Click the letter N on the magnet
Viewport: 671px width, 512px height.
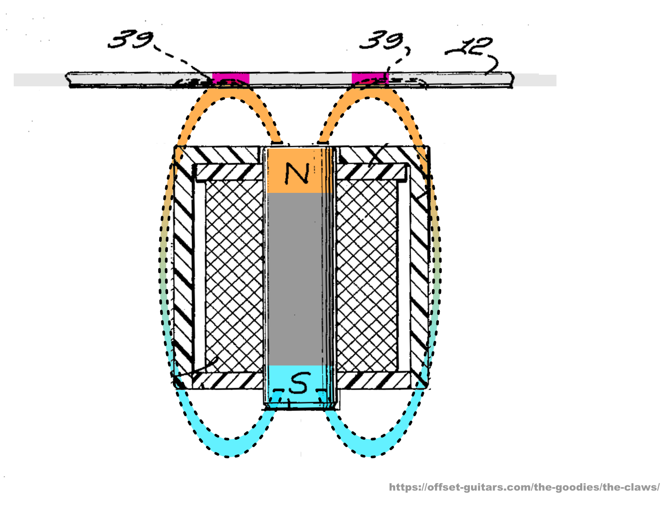click(x=297, y=173)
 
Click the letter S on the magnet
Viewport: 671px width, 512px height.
click(x=299, y=383)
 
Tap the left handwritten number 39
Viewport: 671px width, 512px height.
click(x=130, y=39)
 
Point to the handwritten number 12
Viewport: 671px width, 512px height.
click(x=468, y=46)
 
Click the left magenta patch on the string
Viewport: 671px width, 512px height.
click(x=231, y=78)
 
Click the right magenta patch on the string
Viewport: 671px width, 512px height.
click(x=370, y=78)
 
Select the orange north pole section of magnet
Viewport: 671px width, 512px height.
click(x=299, y=171)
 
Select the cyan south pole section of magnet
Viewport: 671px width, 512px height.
click(x=299, y=386)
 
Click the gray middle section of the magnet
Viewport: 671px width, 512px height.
click(x=299, y=279)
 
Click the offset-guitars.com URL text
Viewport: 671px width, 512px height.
click(x=524, y=487)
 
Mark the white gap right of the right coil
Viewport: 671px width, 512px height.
click(x=403, y=275)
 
